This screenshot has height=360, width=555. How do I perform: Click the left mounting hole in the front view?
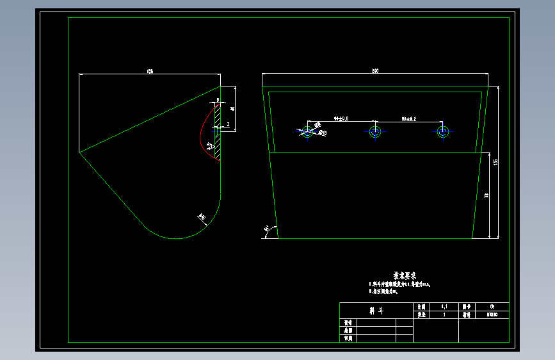[x=307, y=132]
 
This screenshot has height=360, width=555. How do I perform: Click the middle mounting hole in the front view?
[x=374, y=132]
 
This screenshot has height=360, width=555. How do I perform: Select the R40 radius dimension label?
[x=202, y=218]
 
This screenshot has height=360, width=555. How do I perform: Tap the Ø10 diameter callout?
[x=323, y=133]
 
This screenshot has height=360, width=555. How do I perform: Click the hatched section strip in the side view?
[x=218, y=131]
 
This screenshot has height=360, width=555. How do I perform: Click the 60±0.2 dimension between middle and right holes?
[x=408, y=119]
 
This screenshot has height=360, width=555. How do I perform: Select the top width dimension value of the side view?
[x=150, y=70]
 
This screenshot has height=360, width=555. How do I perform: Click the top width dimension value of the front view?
[x=374, y=70]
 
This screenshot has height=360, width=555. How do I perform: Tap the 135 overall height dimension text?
[x=496, y=162]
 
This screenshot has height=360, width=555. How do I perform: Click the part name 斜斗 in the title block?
[x=376, y=311]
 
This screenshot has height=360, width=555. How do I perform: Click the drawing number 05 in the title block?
[x=492, y=307]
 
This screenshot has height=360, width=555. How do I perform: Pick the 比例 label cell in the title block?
[x=421, y=307]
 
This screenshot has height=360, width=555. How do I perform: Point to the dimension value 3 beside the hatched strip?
[x=227, y=124]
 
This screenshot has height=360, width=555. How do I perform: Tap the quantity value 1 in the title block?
[x=444, y=315]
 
